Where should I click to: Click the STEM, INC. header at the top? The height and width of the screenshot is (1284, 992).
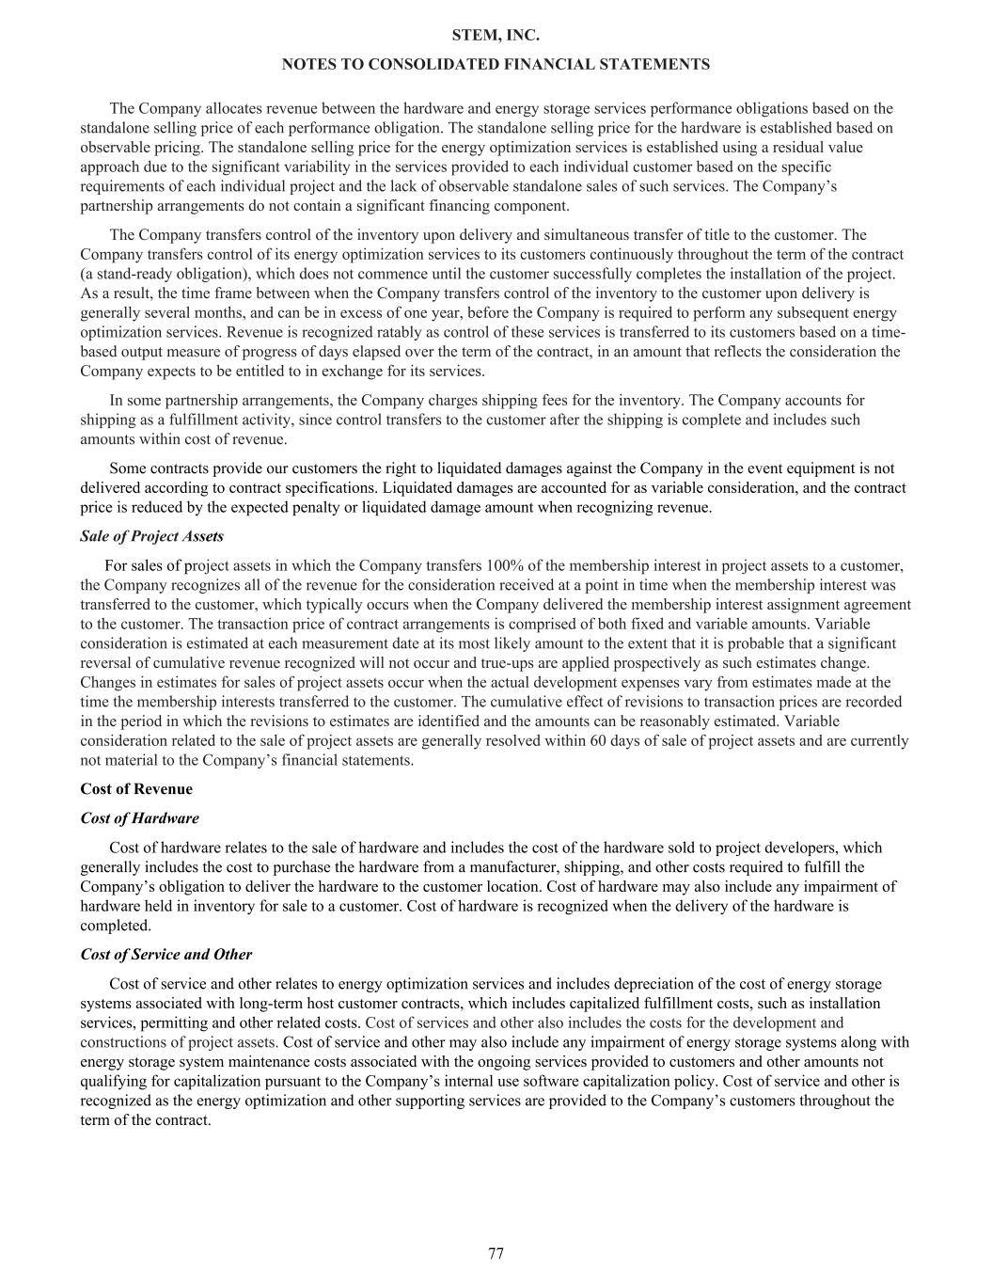tap(496, 36)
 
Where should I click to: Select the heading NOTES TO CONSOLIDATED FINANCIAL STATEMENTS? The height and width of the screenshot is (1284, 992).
tap(496, 64)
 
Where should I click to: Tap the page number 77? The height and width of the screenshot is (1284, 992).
tap(496, 1253)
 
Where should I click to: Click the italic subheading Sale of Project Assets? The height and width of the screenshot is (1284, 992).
tap(152, 536)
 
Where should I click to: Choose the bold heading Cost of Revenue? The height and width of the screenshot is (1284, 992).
tap(136, 789)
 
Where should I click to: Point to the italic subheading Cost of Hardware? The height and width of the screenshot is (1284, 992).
tap(140, 818)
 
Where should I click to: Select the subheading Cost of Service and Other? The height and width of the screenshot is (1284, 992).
tap(166, 955)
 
